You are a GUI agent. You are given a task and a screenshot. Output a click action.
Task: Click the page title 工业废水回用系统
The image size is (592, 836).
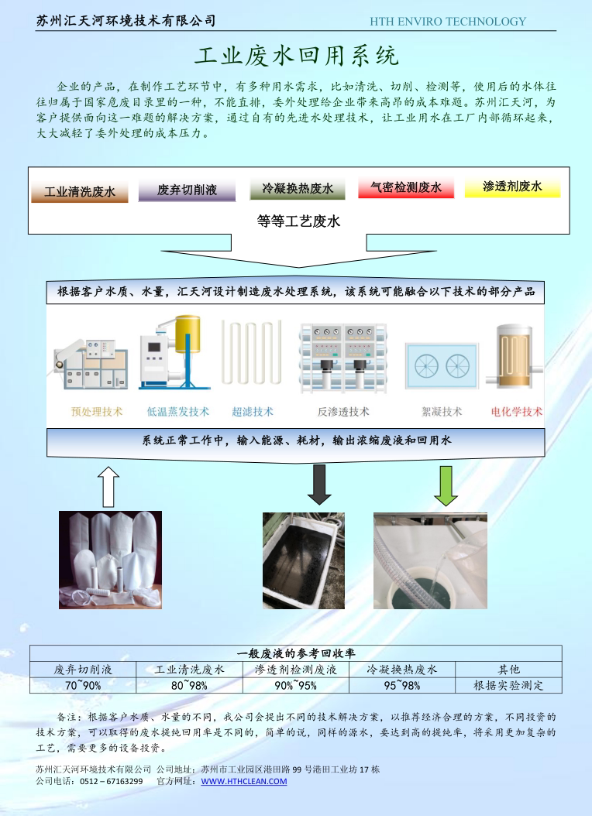pos(296,56)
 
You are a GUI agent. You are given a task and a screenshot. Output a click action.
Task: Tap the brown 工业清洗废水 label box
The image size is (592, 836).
pos(80,191)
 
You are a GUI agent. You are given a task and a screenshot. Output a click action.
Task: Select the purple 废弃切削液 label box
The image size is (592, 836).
pos(187,190)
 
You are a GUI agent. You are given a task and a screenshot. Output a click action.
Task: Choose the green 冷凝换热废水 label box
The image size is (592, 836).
pos(298,189)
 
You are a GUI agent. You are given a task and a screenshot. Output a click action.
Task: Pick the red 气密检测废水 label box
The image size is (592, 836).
pos(406,187)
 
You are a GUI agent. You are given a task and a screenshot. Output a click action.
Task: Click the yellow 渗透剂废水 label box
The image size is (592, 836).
pos(512,187)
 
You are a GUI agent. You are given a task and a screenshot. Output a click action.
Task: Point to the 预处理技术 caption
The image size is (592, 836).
pos(97,412)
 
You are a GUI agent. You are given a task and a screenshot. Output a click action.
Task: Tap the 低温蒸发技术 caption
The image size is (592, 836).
pos(178,412)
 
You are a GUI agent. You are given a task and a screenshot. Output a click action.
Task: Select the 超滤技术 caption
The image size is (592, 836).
pos(253,412)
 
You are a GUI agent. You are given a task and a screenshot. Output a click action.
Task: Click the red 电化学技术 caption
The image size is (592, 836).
pos(517,412)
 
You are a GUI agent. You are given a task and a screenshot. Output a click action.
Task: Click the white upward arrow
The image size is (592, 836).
pos(110,485)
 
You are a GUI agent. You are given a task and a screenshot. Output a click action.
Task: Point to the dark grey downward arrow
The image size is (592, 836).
pos(319,484)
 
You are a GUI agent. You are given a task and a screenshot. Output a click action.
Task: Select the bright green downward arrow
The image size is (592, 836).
pos(446,484)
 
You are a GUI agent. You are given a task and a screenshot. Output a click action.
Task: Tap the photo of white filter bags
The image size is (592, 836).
pos(110,558)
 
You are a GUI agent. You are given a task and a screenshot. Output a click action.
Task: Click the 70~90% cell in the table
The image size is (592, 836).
pos(83,685)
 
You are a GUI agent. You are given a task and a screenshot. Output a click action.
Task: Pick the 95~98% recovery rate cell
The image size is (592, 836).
pos(402,685)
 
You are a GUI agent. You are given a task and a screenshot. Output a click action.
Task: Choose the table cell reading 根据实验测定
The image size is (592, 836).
pos(508,685)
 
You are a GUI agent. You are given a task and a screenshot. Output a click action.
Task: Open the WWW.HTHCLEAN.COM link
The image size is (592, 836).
pos(243,781)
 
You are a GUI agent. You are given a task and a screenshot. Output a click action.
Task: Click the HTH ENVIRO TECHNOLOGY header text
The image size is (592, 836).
pos(448,22)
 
